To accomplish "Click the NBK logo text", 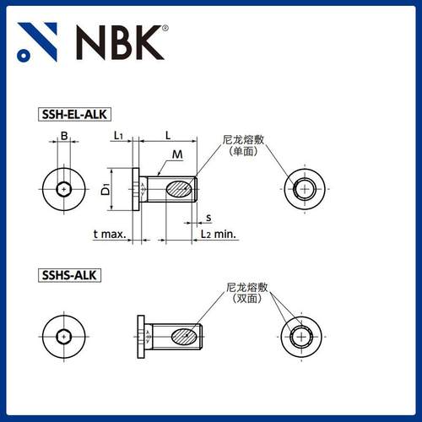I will tap(117, 42).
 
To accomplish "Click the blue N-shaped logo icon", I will tap(39, 42).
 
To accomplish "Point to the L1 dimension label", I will tap(118, 135).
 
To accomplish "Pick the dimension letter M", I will tap(177, 154).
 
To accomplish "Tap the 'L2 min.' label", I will tap(219, 233).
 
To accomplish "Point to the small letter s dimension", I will tap(208, 218).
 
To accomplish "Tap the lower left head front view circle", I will tap(64, 337).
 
